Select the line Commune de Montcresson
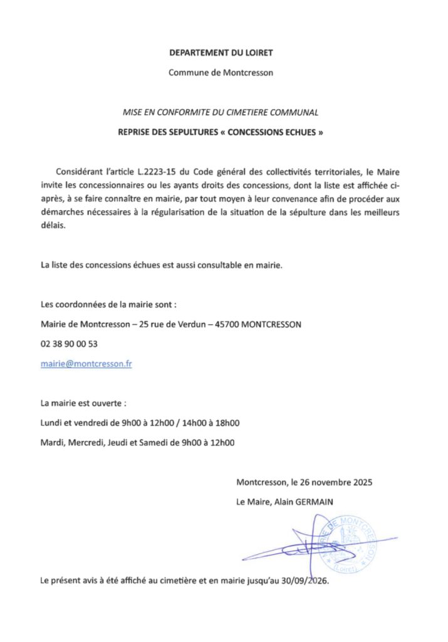[221, 72]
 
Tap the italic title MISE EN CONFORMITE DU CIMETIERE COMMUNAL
[221, 113]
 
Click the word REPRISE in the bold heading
[136, 133]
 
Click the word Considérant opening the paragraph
[76, 172]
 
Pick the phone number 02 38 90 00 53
[69, 344]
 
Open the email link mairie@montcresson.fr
[86, 363]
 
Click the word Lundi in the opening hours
[51, 423]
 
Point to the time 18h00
[228, 423]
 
